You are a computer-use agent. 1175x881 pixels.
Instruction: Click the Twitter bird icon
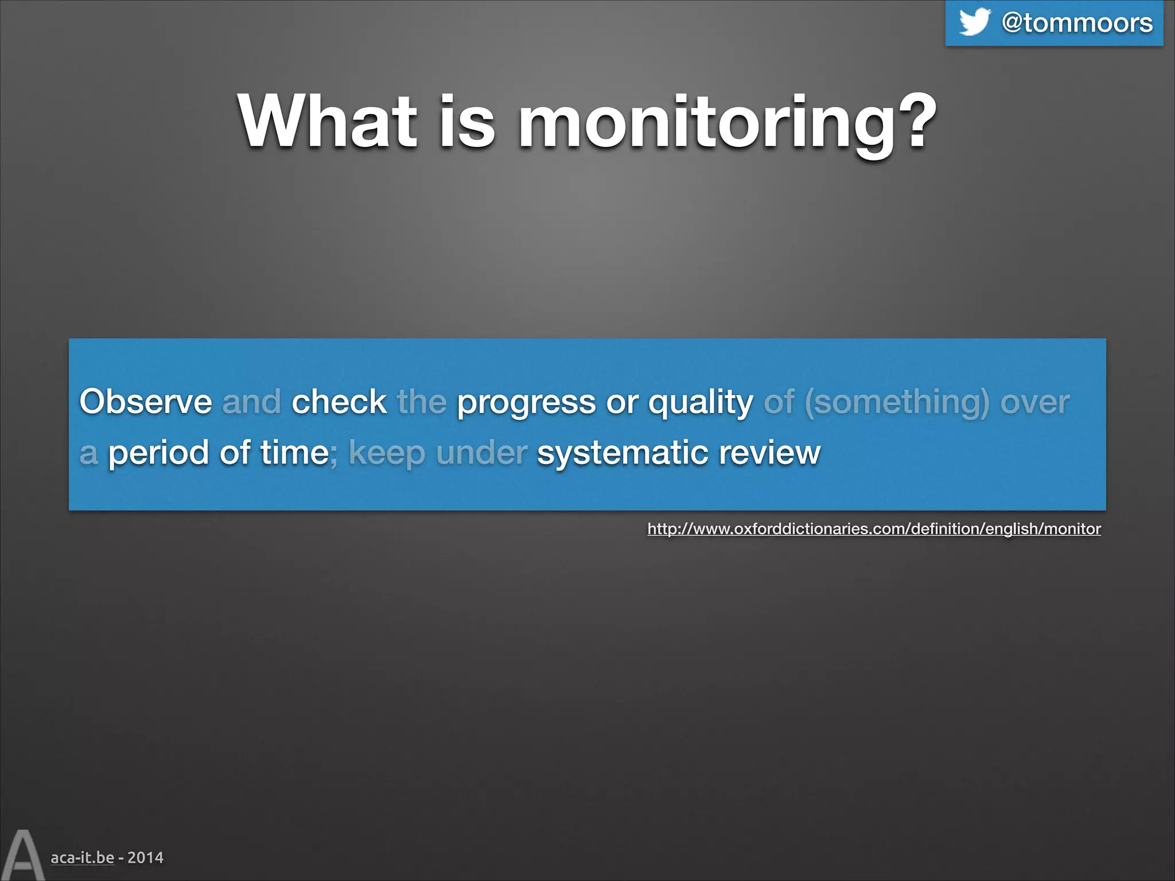pyautogui.click(x=975, y=22)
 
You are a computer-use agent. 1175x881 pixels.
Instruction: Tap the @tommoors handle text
pyautogui.click(x=1077, y=23)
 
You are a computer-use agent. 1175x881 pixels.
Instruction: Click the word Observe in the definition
pyautogui.click(x=146, y=401)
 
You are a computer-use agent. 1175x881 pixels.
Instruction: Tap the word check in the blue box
pyautogui.click(x=339, y=401)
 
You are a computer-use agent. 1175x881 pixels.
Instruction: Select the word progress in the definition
pyautogui.click(x=526, y=403)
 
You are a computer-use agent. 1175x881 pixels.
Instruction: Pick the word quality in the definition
pyautogui.click(x=701, y=403)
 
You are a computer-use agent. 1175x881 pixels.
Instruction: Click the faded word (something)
pyautogui.click(x=897, y=403)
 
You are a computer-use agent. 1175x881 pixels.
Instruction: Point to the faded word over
pyautogui.click(x=1035, y=402)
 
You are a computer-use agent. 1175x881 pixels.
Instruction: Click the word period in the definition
pyautogui.click(x=158, y=454)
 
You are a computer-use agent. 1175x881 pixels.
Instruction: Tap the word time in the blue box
pyautogui.click(x=294, y=453)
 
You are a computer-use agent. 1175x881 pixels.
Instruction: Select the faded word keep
pyautogui.click(x=387, y=454)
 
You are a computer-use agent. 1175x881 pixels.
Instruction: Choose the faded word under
pyautogui.click(x=481, y=453)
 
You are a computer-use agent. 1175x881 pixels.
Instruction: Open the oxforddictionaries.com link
pyautogui.click(x=874, y=528)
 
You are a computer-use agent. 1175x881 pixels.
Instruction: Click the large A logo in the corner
pyautogui.click(x=22, y=855)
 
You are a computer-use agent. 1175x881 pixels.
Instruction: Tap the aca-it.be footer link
pyautogui.click(x=82, y=857)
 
